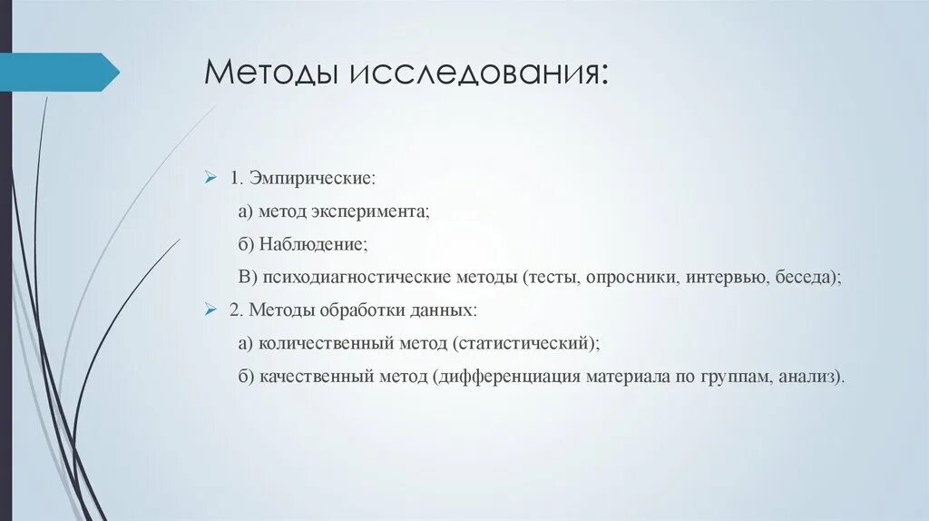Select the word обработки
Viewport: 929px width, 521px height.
[359, 310]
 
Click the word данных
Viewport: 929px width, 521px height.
[443, 310]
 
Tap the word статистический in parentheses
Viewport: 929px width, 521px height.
[527, 344]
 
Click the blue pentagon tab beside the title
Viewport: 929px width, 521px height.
[64, 72]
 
